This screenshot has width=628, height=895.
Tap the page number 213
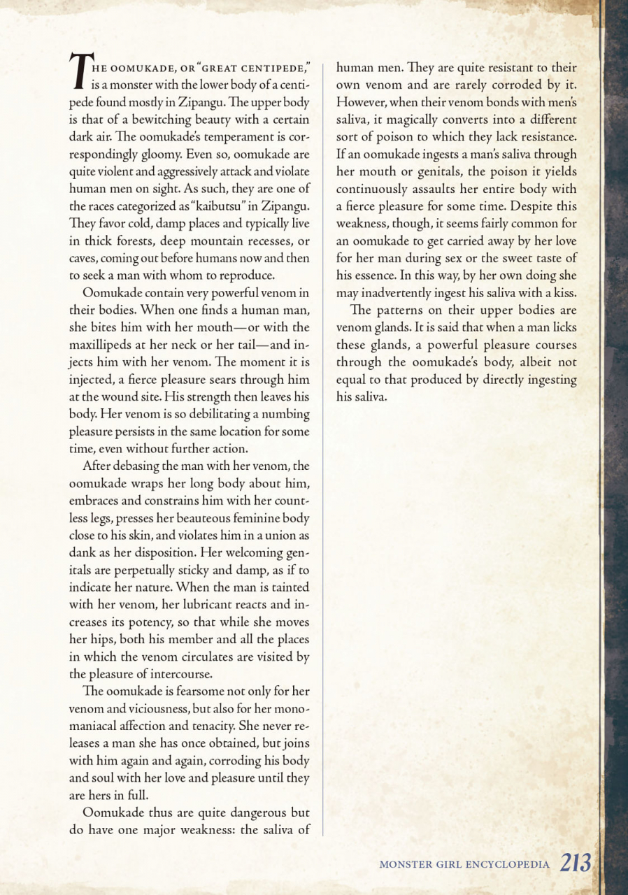576,864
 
